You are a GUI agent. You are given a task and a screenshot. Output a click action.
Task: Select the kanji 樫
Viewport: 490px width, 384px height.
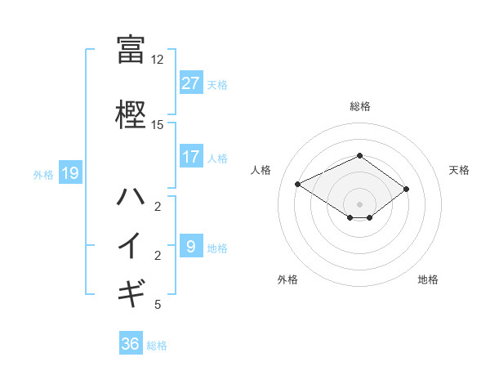click(x=131, y=114)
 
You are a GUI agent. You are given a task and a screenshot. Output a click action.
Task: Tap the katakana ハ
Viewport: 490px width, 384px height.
click(x=131, y=195)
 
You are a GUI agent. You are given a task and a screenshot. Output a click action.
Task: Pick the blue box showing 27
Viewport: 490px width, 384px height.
click(x=191, y=83)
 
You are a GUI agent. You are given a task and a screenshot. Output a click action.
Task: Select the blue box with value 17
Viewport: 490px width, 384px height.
click(x=191, y=157)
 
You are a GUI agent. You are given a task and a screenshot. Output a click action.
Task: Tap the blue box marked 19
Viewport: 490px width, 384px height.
click(x=69, y=172)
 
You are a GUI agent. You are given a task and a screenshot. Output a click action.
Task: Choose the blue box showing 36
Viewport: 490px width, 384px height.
click(x=131, y=344)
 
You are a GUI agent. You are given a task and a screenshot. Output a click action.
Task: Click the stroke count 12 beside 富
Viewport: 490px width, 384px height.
click(x=157, y=60)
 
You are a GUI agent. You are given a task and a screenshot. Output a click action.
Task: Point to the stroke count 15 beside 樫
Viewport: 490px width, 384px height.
click(x=157, y=125)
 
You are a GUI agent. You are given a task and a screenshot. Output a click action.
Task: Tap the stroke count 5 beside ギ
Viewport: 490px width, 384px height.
click(x=157, y=305)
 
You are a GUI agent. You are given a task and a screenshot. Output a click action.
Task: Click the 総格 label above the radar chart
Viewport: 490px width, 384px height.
click(x=359, y=106)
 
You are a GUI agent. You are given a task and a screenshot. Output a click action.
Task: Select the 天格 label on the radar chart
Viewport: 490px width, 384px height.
click(x=459, y=170)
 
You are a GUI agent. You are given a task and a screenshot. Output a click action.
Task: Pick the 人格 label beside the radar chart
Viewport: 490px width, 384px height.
click(x=261, y=170)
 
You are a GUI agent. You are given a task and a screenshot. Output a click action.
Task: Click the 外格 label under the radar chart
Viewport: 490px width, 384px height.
click(x=287, y=279)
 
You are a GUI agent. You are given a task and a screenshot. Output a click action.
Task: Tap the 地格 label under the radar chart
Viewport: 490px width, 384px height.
click(x=428, y=279)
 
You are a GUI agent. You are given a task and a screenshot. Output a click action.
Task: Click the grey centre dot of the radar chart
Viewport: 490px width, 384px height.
click(x=359, y=203)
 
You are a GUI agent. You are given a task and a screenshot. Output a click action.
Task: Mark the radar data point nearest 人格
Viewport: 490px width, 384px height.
click(x=298, y=183)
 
